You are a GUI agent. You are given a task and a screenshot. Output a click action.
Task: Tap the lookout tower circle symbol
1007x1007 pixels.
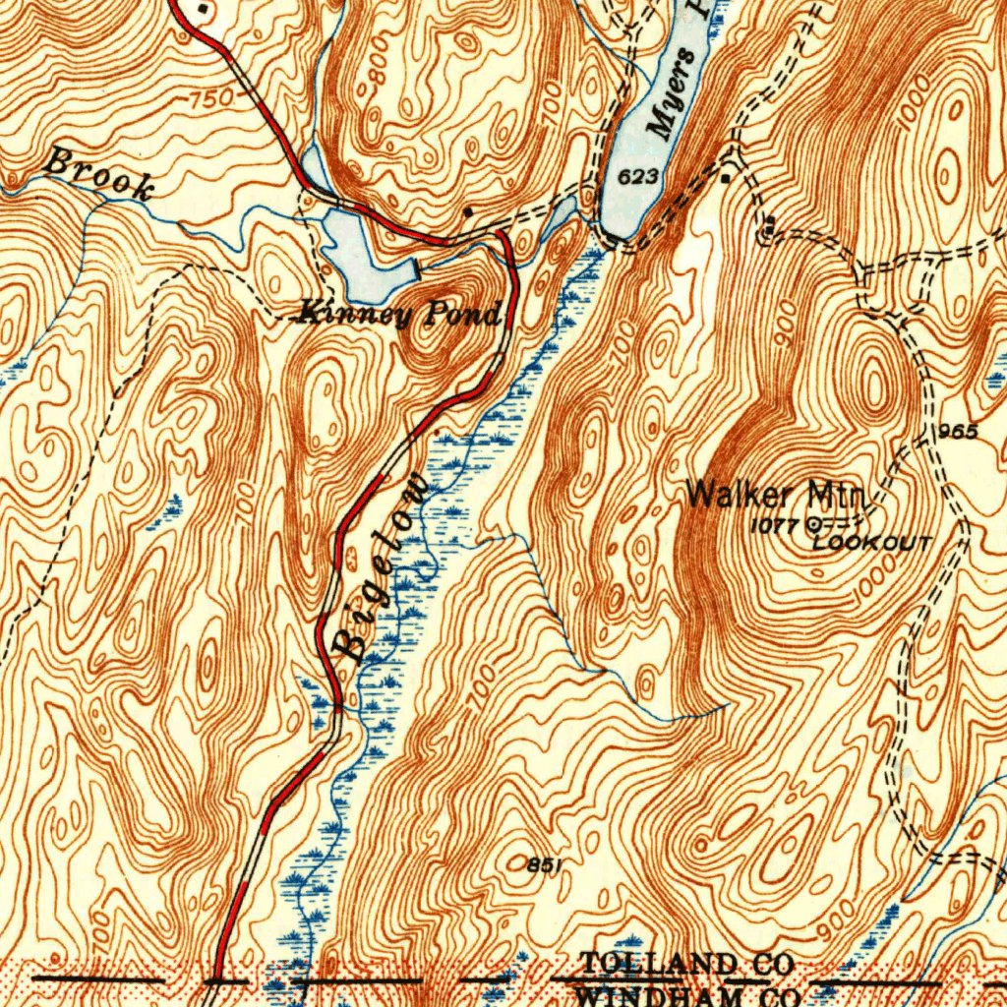813,525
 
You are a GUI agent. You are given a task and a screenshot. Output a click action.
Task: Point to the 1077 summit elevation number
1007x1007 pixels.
774,526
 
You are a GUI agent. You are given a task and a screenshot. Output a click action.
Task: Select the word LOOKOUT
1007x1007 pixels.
871,543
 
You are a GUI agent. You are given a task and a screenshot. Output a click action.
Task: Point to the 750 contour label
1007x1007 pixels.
210,98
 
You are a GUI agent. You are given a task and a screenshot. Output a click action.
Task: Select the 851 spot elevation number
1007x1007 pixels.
544,864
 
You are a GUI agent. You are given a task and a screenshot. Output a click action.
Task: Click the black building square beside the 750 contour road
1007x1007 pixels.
204,9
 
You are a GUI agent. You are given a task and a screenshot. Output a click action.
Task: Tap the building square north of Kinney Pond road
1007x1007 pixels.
468,211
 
